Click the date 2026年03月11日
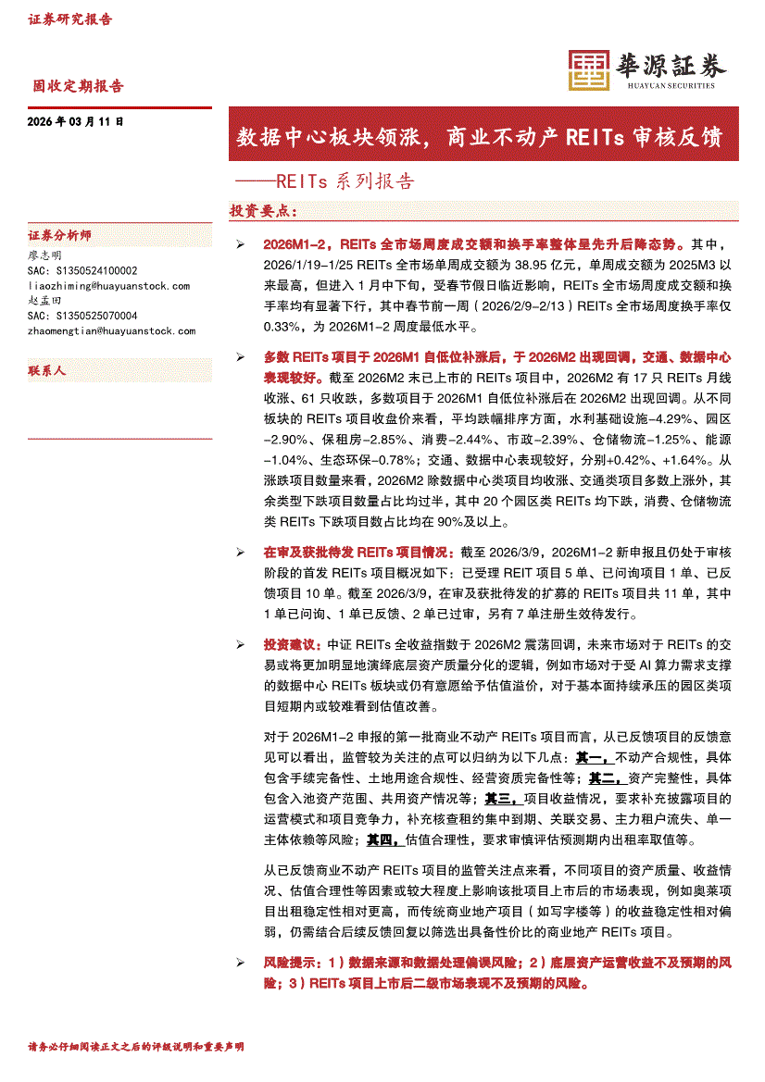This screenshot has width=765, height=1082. [76, 121]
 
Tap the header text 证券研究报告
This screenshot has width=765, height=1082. [70, 19]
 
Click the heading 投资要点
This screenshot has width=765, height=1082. [264, 211]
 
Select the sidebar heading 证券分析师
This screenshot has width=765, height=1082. [60, 235]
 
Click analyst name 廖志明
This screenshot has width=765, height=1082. [45, 255]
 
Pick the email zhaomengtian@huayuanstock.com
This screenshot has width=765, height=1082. [112, 330]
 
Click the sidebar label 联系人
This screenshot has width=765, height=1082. [47, 370]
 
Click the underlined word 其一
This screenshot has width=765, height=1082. [588, 757]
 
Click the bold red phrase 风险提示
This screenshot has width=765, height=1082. [289, 964]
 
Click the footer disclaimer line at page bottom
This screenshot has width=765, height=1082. [137, 1047]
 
